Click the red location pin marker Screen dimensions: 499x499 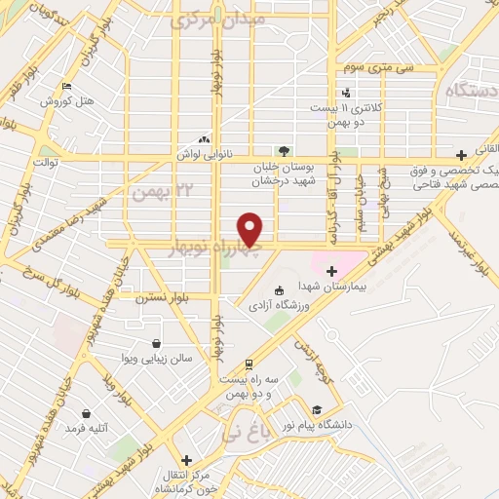[x=250, y=229]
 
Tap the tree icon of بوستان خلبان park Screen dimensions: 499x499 [x=284, y=151]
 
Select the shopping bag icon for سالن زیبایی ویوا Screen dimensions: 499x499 [x=157, y=343]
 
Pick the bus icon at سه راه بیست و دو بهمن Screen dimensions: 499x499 [x=249, y=363]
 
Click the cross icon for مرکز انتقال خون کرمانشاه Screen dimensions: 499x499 [x=185, y=459]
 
